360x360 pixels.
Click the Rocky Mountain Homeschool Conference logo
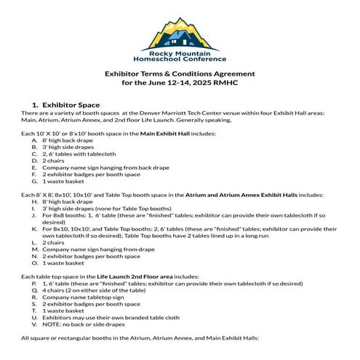tap(180, 40)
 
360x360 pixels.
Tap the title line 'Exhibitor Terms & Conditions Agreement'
tap(180, 73)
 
